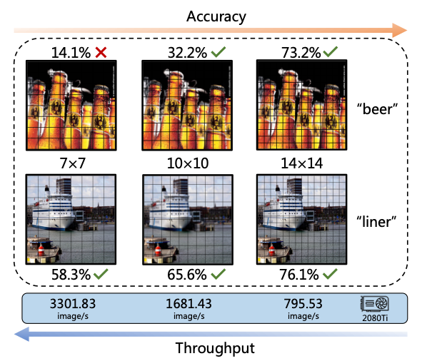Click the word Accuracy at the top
pos(216,17)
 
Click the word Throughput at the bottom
pos(215,348)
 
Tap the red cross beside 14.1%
pos(101,53)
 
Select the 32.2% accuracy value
pos(187,53)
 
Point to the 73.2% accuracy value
pos(301,53)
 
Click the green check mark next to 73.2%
pos(330,51)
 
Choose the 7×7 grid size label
pos(72,163)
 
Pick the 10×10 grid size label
pos(188,163)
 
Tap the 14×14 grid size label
pos(302,163)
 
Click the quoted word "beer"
pos(377,109)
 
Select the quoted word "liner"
pos(376,222)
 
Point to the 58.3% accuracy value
pos(71,275)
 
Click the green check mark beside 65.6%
pos(218,274)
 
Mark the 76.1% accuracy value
pos(299,275)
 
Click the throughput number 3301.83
pos(73,304)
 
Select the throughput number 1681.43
pos(189,304)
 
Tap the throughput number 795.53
pos(303,304)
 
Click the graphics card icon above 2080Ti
pos(375,304)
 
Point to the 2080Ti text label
pos(375,318)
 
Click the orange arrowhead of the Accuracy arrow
pos(400,30)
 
